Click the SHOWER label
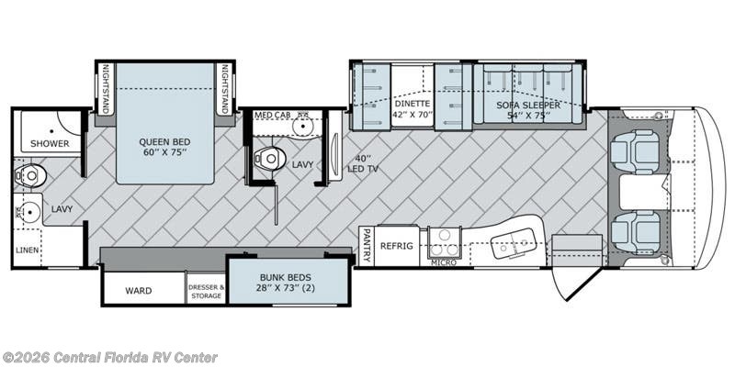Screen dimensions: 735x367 point(50,144)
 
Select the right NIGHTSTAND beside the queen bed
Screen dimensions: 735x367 point(224,89)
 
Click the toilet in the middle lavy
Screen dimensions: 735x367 point(268,158)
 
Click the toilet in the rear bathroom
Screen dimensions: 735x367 point(30,175)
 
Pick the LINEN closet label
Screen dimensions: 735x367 point(28,250)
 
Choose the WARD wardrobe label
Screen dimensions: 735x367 point(139,291)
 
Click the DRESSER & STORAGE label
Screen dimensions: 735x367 point(206,291)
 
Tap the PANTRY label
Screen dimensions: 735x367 point(367,245)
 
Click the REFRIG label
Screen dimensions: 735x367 point(397,246)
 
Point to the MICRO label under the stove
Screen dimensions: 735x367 point(444,262)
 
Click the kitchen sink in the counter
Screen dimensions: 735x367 point(514,242)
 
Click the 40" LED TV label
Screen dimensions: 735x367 point(363,164)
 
